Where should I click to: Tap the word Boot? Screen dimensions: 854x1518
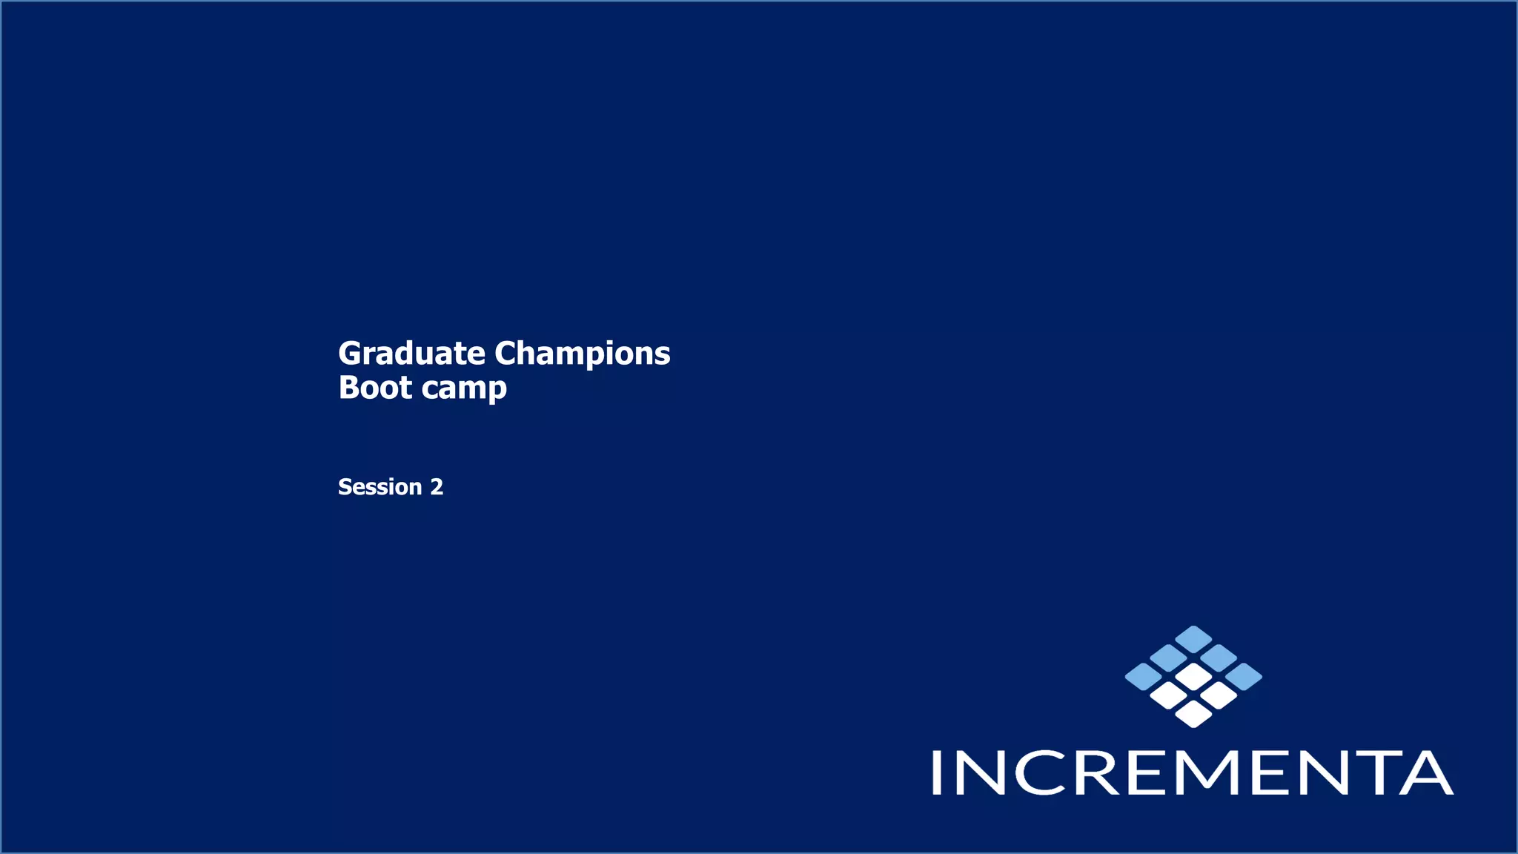pos(375,388)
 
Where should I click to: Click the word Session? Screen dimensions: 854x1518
pos(379,487)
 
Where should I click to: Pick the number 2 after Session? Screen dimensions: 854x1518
pos(437,487)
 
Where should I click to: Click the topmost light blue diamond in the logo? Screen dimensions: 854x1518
pos(1193,639)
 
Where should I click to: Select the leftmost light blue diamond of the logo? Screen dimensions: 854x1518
pos(1143,676)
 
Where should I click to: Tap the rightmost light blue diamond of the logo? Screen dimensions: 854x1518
pos(1244,676)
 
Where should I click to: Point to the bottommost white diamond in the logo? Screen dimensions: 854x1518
pos(1193,714)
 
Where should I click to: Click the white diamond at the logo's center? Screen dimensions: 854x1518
pos(1193,676)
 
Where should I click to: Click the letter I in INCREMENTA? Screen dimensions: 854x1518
pos(937,772)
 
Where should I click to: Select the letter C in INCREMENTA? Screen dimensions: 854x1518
pos(1040,772)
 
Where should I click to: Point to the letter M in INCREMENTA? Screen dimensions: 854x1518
pos(1212,772)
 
